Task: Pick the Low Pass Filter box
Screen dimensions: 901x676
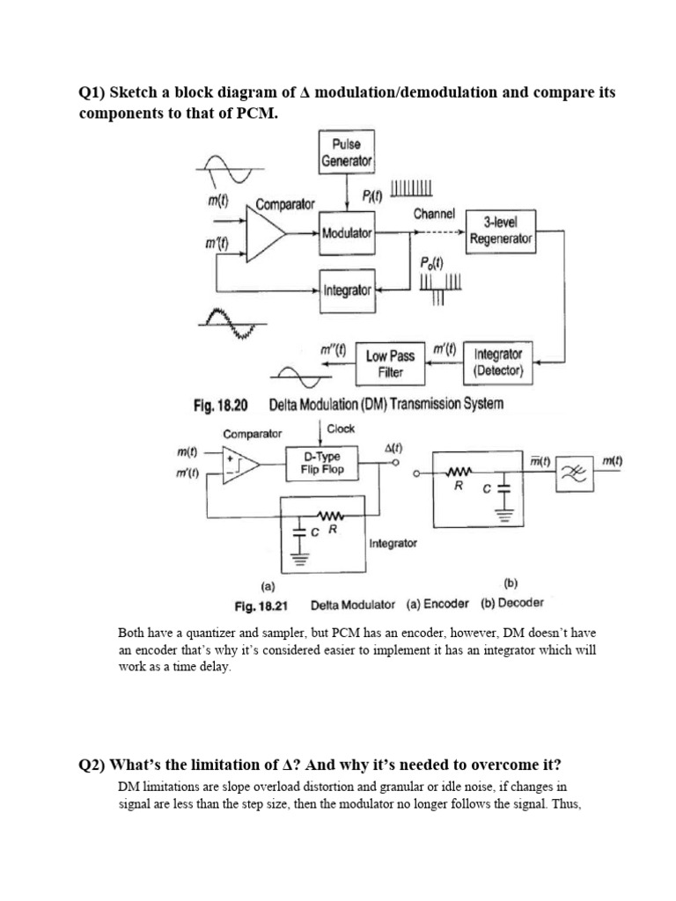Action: pyautogui.click(x=390, y=363)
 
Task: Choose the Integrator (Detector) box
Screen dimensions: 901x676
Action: pyautogui.click(x=498, y=363)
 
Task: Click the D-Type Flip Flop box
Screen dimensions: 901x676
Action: pyautogui.click(x=321, y=463)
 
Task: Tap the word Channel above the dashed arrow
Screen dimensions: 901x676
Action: pyautogui.click(x=434, y=214)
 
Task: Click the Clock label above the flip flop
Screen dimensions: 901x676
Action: pyautogui.click(x=341, y=429)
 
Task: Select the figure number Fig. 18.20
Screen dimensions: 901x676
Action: pyautogui.click(x=221, y=405)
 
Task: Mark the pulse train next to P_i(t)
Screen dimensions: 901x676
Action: pyautogui.click(x=411, y=188)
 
